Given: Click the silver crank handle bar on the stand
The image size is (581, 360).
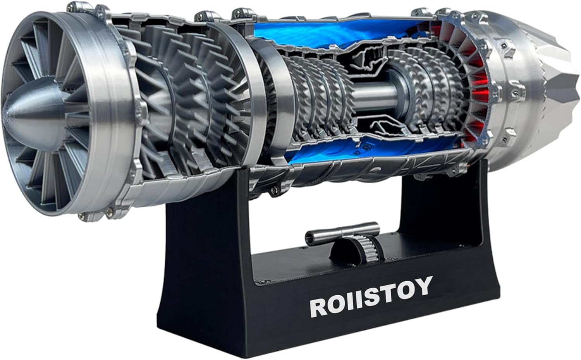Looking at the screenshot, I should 341,232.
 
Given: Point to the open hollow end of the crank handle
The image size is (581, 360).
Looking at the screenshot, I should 309,236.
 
